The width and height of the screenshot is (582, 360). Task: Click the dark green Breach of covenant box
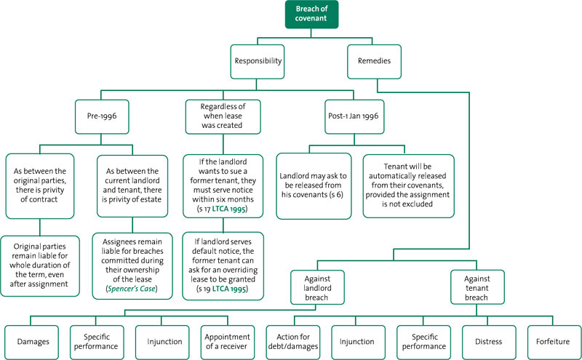[311, 14]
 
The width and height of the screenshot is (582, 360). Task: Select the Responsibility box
[258, 62]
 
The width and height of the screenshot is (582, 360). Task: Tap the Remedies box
[374, 62]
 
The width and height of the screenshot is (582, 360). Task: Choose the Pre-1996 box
[102, 116]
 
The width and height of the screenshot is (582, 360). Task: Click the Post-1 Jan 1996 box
[354, 116]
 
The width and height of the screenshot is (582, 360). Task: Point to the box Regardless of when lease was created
[223, 116]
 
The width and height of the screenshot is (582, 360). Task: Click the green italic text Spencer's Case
[132, 289]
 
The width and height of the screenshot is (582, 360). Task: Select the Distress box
[489, 343]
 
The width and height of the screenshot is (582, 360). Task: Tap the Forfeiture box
[554, 343]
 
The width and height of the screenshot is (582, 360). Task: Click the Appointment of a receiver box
[228, 343]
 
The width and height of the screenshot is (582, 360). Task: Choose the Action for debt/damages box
[293, 343]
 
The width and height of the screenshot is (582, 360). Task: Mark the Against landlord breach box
[317, 287]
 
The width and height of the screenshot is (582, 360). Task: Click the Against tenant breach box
[477, 287]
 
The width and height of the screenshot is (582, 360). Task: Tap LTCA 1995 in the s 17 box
[228, 209]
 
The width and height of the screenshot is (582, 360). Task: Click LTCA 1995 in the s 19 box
[229, 289]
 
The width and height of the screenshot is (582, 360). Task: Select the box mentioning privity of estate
[132, 186]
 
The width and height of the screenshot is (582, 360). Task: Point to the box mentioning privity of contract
[40, 186]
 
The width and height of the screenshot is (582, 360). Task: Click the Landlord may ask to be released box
[314, 186]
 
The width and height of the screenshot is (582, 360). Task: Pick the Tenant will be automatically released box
[408, 186]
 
